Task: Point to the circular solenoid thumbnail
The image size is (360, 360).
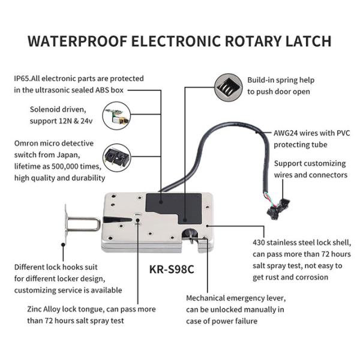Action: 116,115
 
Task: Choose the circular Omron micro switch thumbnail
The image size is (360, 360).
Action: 116,158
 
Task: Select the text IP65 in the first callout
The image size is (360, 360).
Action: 23,79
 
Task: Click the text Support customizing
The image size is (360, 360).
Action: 310,163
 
